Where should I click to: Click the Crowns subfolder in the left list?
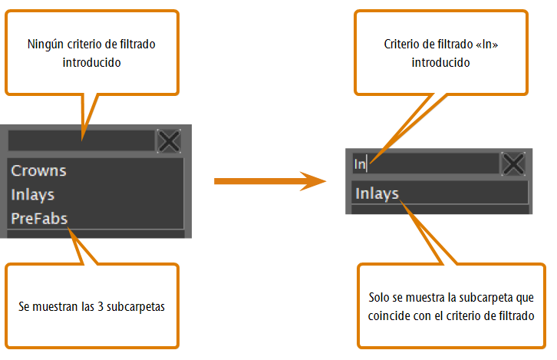[x=38, y=170]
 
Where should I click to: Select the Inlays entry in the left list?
[x=33, y=195]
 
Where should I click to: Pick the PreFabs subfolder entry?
[x=39, y=219]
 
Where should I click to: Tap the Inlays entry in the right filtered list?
[x=377, y=193]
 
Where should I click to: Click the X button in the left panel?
[x=169, y=141]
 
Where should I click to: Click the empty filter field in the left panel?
[x=81, y=140]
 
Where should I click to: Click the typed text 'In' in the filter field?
[x=360, y=164]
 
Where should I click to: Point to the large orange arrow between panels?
[x=270, y=181]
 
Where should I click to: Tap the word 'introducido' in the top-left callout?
[x=91, y=62]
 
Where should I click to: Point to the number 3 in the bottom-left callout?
[x=101, y=306]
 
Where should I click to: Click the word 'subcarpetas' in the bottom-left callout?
[x=136, y=307]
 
